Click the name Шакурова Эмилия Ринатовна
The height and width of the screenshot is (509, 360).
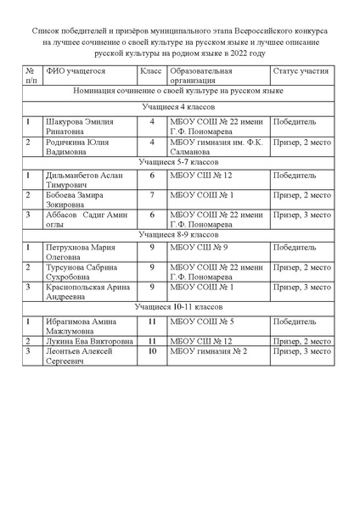coord(80,126)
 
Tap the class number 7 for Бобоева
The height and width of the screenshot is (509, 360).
coord(152,195)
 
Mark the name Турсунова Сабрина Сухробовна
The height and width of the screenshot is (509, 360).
coord(86,272)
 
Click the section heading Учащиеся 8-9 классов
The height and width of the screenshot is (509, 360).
coord(177,233)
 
